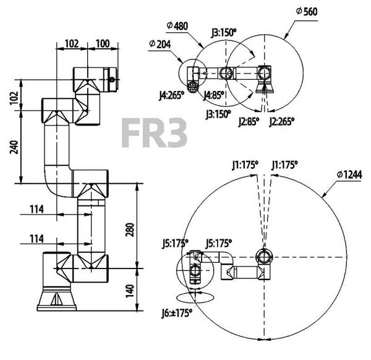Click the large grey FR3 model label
154,133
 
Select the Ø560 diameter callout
307,11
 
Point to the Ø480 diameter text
177,25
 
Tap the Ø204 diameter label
160,44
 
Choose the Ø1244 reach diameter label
349,174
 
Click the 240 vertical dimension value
14,147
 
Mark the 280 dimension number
130,229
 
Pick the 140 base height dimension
130,291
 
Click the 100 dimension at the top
103,43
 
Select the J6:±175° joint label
177,313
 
